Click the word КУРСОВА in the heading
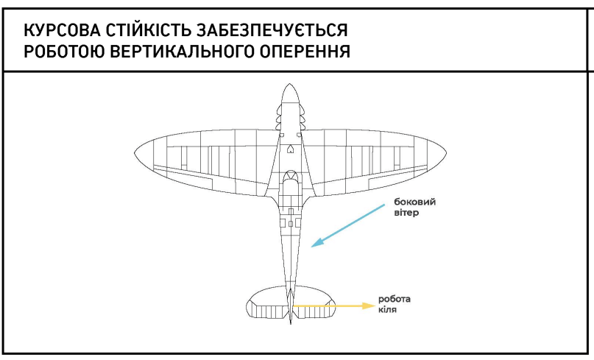click(62, 30)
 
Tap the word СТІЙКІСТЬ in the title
click(148, 30)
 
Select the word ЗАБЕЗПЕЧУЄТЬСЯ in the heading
click(272, 30)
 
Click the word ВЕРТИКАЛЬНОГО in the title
click(182, 52)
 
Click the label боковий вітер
click(415, 207)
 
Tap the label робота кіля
click(395, 304)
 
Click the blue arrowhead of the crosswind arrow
click(317, 242)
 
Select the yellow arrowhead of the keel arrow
click(369, 306)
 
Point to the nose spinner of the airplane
click(290, 93)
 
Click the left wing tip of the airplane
click(135, 152)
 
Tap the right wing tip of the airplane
click(445, 152)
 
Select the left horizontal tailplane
click(267, 302)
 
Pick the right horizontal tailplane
click(314, 302)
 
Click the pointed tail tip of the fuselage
click(291, 323)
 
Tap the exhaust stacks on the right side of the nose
click(303, 115)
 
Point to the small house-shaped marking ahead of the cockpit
click(290, 149)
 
